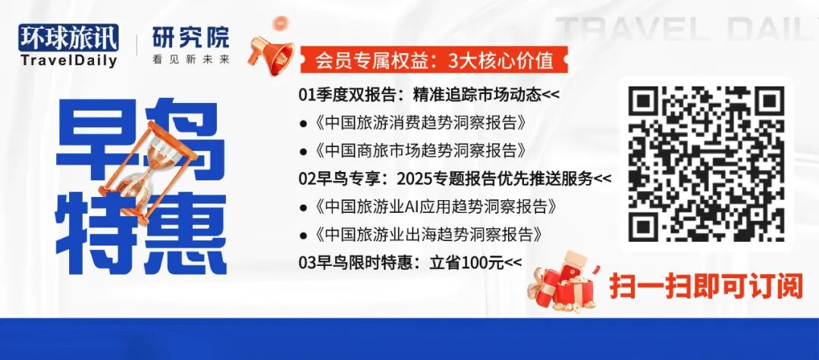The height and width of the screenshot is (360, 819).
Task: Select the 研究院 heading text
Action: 180,37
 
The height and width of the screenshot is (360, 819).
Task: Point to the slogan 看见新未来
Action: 180,59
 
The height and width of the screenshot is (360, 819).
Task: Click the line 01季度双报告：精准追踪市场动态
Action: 429,95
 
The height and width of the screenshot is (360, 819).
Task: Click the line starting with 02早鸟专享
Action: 454,179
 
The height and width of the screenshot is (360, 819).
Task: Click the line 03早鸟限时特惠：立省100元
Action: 410,262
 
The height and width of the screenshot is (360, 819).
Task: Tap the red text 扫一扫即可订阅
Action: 705,286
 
